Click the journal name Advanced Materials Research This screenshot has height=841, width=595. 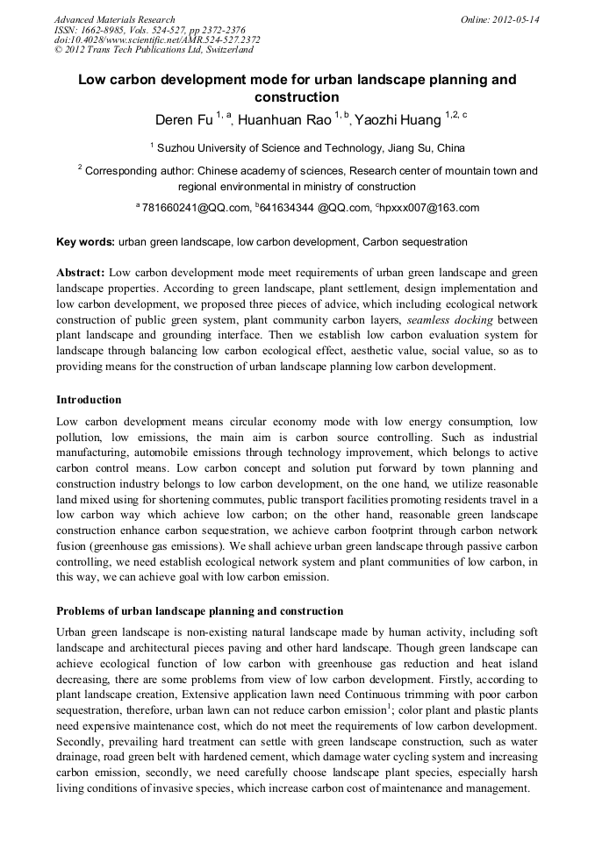114,19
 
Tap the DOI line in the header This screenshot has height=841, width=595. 157,40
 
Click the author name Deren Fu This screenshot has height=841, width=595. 183,119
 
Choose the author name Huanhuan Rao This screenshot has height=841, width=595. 283,119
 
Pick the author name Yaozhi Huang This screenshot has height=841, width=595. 398,119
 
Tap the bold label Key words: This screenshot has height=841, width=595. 85,242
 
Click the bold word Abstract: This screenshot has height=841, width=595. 81,273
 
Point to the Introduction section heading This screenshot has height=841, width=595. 89,400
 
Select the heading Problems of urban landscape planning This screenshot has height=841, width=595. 199,610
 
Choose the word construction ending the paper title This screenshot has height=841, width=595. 297,96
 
